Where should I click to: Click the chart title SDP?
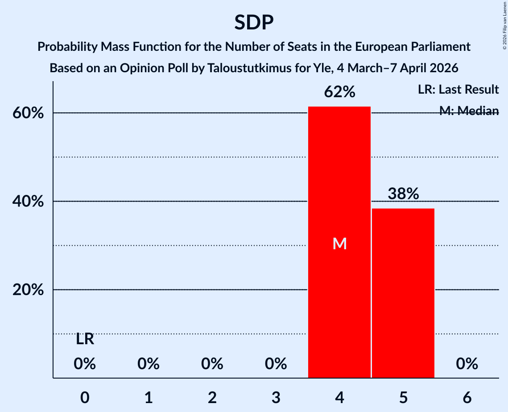(x=254, y=22)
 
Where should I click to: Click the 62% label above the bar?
(x=339, y=92)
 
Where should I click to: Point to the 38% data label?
(x=403, y=194)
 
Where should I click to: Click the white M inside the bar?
(x=339, y=243)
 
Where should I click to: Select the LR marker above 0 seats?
(x=85, y=340)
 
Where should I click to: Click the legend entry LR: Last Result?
(x=458, y=90)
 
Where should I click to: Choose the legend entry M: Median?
(x=469, y=111)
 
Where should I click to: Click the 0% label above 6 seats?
(x=467, y=364)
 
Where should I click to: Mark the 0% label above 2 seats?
(x=212, y=364)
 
